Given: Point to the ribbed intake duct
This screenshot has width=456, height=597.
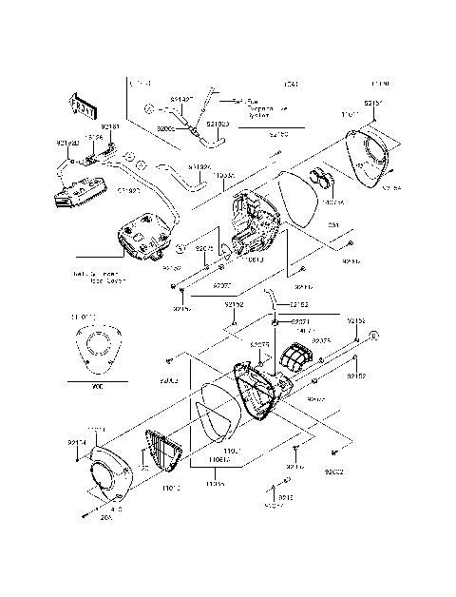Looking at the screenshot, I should [297, 362].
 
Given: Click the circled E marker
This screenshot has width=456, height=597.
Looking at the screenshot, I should [373, 336].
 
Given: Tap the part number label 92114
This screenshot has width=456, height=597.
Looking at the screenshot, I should [77, 442].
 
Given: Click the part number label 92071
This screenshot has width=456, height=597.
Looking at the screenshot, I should [299, 322].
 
